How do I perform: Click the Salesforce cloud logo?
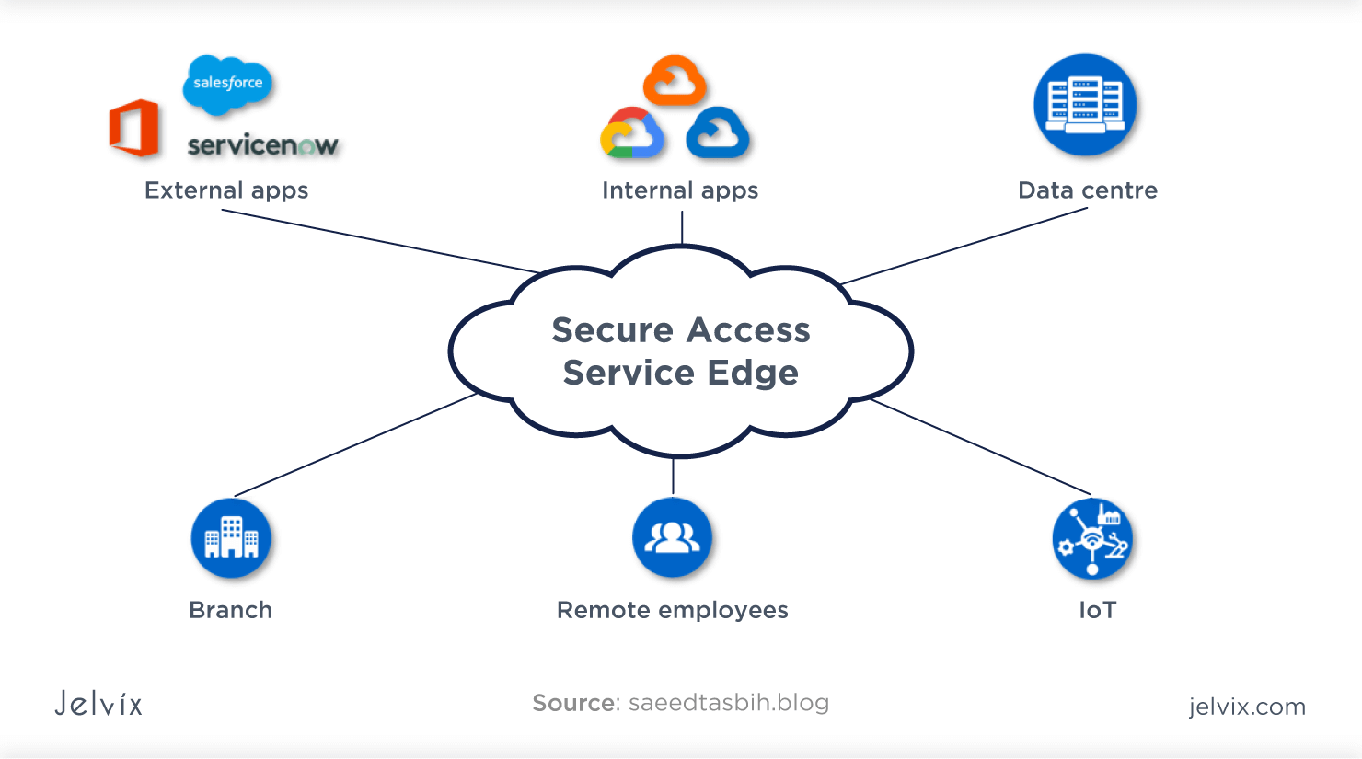pos(227,84)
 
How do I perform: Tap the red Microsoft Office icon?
pos(134,128)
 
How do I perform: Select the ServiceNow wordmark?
pos(262,145)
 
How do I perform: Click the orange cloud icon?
pos(675,82)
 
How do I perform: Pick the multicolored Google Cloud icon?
pos(632,133)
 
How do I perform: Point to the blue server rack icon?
pos(1085,105)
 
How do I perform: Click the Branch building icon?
pos(231,538)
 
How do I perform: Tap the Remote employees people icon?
pos(673,537)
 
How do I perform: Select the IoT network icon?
pos(1092,539)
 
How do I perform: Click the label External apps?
pos(226,190)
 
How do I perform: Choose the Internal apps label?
pos(680,190)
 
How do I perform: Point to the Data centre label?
pos(1088,190)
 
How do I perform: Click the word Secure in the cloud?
pos(612,330)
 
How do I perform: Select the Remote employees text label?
pos(673,610)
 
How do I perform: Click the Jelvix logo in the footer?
pos(98,704)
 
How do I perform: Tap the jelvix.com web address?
pos(1247,707)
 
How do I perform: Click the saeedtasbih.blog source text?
pos(729,703)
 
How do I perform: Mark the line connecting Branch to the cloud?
pos(355,445)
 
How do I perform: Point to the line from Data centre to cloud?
pos(964,246)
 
